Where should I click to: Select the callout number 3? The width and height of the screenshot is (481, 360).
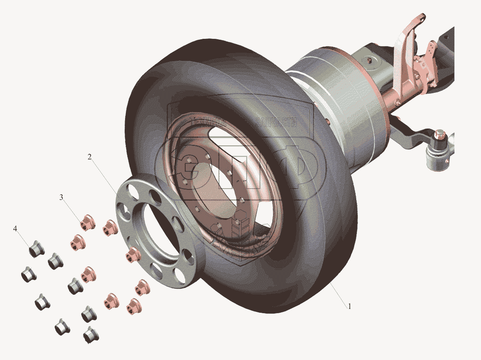pos(61,197)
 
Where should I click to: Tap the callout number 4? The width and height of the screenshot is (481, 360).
pos(15,229)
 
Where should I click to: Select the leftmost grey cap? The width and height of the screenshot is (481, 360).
pos(27,275)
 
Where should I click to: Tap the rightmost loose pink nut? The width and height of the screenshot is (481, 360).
pos(140,288)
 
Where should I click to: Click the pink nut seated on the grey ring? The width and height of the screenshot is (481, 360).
pos(131,255)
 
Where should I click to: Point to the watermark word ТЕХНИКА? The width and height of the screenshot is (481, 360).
pos(208,121)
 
